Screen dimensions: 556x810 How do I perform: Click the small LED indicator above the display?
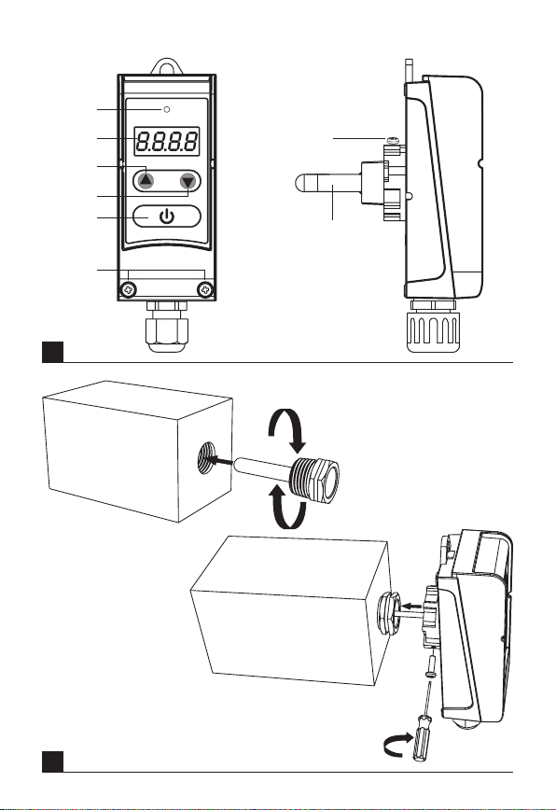point(166,109)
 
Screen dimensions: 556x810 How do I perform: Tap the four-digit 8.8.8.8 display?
point(167,141)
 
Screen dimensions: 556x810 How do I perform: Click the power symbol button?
point(167,216)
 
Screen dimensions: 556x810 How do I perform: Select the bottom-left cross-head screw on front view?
point(128,290)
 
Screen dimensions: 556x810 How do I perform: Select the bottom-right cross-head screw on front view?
point(205,290)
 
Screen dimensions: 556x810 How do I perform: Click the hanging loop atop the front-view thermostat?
point(166,66)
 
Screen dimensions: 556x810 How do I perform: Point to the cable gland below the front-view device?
point(167,327)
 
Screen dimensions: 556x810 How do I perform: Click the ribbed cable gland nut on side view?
point(433,331)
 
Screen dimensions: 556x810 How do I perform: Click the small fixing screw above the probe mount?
point(393,140)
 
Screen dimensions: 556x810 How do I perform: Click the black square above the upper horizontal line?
point(52,352)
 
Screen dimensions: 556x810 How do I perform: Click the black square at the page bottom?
point(52,761)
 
